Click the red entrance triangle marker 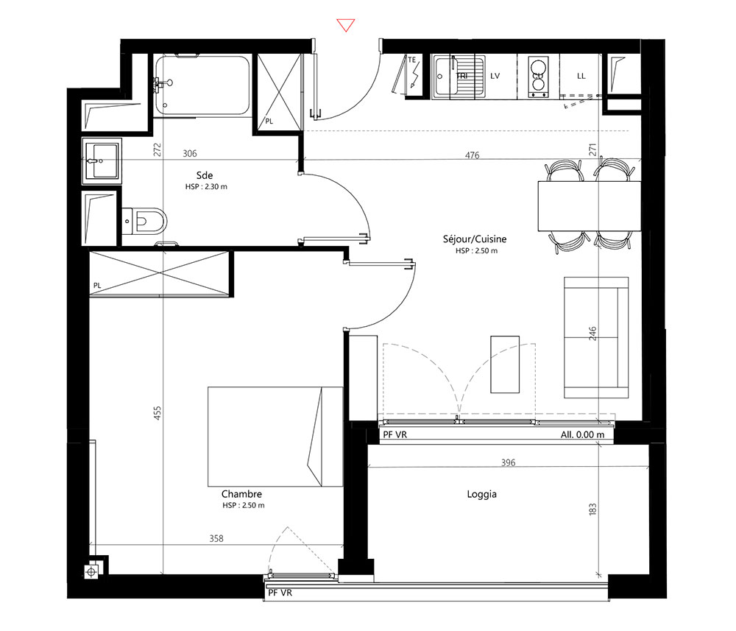[345, 25]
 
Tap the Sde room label [205, 175]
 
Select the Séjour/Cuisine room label [475, 239]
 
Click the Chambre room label [241, 494]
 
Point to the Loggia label [481, 494]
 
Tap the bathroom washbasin [102, 161]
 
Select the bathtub [203, 85]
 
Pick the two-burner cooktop [539, 77]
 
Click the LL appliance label [581, 76]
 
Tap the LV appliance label [495, 76]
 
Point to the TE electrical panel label [411, 60]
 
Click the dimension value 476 [473, 155]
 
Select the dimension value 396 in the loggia [509, 462]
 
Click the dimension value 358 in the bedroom [216, 538]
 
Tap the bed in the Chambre [275, 437]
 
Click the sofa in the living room [596, 337]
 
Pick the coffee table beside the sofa [505, 364]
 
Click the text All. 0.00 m [582, 434]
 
